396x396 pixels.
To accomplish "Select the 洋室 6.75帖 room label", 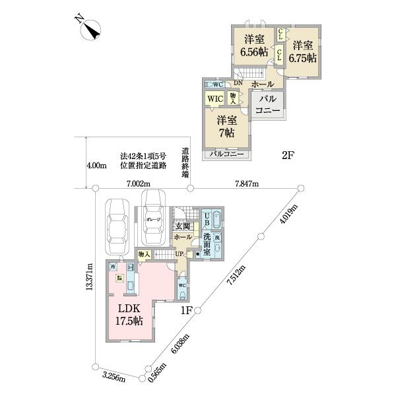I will (304, 51).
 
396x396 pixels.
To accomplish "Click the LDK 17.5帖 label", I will (130, 315).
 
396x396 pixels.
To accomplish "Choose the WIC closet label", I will (215, 99).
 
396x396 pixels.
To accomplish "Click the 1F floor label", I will (185, 310).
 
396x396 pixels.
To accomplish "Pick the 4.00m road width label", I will (96, 166).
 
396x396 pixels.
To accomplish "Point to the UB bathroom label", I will (207, 218).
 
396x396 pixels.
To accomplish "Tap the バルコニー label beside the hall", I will (268, 105).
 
